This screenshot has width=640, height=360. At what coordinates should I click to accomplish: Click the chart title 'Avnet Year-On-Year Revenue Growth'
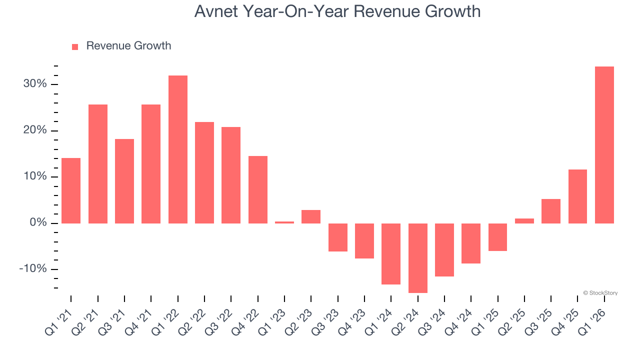(x=337, y=11)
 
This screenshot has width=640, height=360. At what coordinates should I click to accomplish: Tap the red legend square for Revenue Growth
(x=75, y=46)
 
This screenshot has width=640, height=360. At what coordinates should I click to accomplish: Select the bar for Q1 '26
(x=604, y=145)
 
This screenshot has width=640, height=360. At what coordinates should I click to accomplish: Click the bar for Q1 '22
(x=177, y=149)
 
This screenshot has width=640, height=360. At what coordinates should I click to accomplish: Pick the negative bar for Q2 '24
(x=417, y=258)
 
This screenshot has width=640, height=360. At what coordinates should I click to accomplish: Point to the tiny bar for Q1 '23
(x=284, y=222)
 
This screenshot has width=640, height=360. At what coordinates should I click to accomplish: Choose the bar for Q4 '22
(x=257, y=189)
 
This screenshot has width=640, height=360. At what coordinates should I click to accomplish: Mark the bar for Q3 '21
(x=124, y=181)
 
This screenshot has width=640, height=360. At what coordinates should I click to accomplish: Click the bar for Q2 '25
(x=524, y=220)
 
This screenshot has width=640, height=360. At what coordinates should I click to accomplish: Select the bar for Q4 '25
(x=577, y=196)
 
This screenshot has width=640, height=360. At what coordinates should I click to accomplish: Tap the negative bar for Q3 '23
(x=337, y=237)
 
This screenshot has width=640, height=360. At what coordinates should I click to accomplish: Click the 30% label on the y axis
(x=35, y=84)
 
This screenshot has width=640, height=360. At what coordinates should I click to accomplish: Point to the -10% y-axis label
(x=33, y=269)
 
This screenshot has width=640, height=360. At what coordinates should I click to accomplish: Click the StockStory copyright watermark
(x=600, y=293)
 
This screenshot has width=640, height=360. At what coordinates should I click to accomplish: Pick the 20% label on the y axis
(x=35, y=130)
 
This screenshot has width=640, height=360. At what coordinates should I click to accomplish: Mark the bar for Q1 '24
(x=391, y=253)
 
